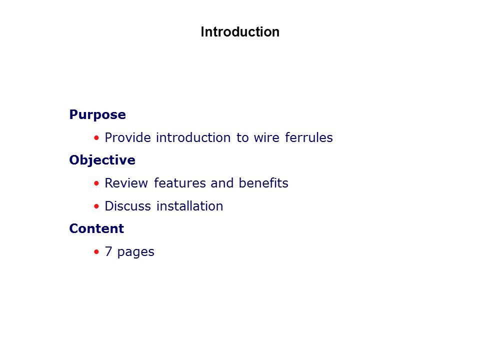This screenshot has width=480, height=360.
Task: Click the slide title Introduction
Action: coord(240,32)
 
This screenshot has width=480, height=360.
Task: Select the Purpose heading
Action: coord(97,115)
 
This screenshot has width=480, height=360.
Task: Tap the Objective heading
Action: coord(102,160)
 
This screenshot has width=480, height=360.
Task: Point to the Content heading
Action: coord(96,228)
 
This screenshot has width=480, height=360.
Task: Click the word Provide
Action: coord(127,138)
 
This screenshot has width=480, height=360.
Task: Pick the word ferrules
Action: coord(308,138)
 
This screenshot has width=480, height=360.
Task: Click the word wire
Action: coord(266,138)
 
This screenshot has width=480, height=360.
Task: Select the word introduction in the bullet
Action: coord(193,138)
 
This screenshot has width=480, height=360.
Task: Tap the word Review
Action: coord(126,183)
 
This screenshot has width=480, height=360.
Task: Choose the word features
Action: coord(179,183)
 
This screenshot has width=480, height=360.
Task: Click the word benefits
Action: coord(263,183)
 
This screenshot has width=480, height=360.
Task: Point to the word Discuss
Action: coord(127,206)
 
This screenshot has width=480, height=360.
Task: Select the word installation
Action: coord(189,206)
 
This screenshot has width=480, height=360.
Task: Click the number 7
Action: coord(108,251)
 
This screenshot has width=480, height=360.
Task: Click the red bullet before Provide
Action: coord(96,138)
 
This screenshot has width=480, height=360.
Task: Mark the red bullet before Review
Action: coord(96,183)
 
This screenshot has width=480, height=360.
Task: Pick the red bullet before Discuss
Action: coord(96,206)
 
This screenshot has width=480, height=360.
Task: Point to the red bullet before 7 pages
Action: coord(96,252)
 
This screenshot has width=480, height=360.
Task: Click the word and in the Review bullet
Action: coord(222,183)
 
